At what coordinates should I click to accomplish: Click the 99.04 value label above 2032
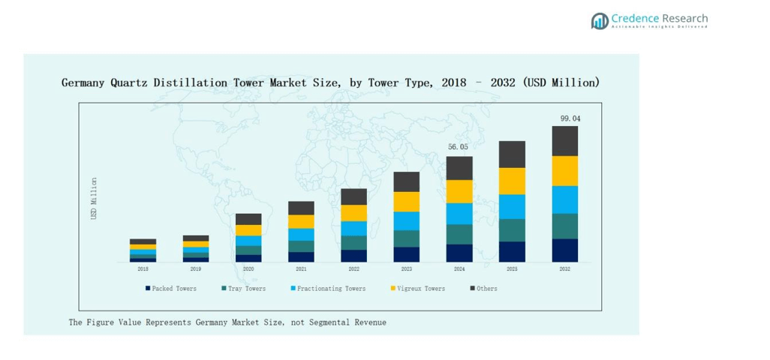click(x=570, y=118)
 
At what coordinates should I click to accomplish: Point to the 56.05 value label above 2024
click(x=458, y=147)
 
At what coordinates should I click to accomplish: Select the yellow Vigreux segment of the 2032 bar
click(x=565, y=171)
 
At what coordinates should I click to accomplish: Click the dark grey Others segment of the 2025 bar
click(x=512, y=154)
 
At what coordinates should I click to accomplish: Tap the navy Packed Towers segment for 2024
click(x=459, y=253)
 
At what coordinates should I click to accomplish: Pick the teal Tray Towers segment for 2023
click(x=407, y=238)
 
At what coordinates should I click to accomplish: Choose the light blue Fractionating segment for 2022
click(x=353, y=228)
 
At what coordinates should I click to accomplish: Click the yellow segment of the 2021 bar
click(x=301, y=221)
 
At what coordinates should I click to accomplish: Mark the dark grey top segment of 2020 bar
click(x=248, y=219)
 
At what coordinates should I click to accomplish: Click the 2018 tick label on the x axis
click(x=143, y=268)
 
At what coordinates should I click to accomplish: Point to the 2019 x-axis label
click(x=196, y=268)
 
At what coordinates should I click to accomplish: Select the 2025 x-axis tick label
click(x=512, y=268)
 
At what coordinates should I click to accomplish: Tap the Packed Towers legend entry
click(x=172, y=288)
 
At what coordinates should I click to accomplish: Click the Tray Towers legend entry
click(x=244, y=288)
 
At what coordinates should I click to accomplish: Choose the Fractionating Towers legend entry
click(x=328, y=288)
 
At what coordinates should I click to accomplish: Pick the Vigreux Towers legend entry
click(x=418, y=288)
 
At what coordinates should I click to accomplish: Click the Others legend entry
click(x=484, y=288)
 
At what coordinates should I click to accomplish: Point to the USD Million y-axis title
click(x=94, y=198)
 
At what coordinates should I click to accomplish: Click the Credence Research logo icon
click(x=600, y=21)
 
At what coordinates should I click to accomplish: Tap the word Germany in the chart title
click(x=85, y=82)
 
